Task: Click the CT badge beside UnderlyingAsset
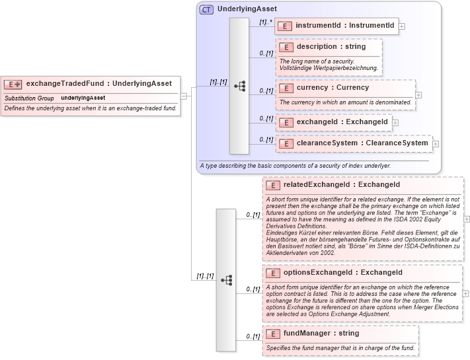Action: (x=207, y=10)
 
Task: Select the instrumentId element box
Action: (x=336, y=26)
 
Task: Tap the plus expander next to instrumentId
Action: (x=402, y=26)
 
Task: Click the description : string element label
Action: (x=331, y=47)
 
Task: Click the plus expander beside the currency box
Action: (x=418, y=95)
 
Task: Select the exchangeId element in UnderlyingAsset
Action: (x=333, y=122)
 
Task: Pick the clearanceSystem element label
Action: (x=353, y=143)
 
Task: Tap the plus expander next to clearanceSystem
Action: (x=436, y=144)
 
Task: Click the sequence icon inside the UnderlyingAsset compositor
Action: (x=239, y=86)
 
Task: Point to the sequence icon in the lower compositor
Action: (x=226, y=280)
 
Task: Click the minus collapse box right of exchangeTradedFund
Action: (x=184, y=96)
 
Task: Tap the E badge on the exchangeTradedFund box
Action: (x=13, y=84)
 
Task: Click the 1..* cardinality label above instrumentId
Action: (x=264, y=22)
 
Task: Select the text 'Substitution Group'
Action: (x=29, y=98)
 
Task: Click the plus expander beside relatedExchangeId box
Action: (x=467, y=219)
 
